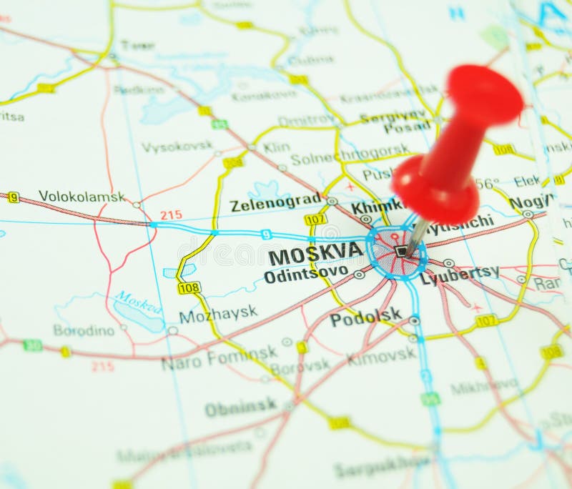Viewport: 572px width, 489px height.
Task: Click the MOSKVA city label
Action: click(315, 252)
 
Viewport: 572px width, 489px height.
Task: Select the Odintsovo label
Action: click(305, 274)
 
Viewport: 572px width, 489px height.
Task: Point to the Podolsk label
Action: click(365, 317)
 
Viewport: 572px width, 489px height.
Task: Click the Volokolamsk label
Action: click(82, 196)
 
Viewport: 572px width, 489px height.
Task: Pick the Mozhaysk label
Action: click(217, 314)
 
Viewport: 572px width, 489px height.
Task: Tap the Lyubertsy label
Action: click(459, 275)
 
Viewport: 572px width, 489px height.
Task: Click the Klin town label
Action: click(276, 147)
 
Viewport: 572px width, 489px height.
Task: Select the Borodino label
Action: click(84, 330)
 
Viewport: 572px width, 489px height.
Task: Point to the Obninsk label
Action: click(240, 407)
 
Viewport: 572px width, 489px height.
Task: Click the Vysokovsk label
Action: click(177, 147)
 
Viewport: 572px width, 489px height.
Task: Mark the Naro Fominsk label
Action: click(219, 358)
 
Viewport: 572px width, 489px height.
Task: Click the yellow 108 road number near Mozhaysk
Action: click(189, 287)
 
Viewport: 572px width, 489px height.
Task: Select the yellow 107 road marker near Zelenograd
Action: click(315, 219)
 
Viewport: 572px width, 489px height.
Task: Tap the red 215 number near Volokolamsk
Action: click(171, 214)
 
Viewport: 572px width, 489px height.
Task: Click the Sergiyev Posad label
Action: click(396, 122)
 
